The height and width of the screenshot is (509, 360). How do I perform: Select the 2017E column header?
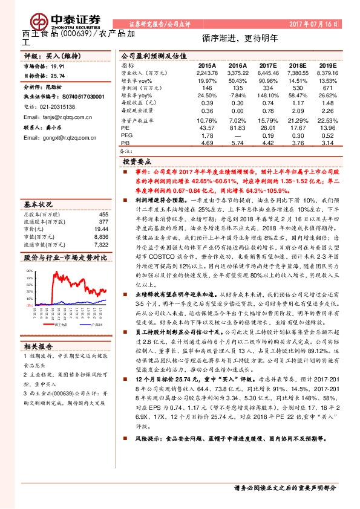[x=266, y=65]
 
